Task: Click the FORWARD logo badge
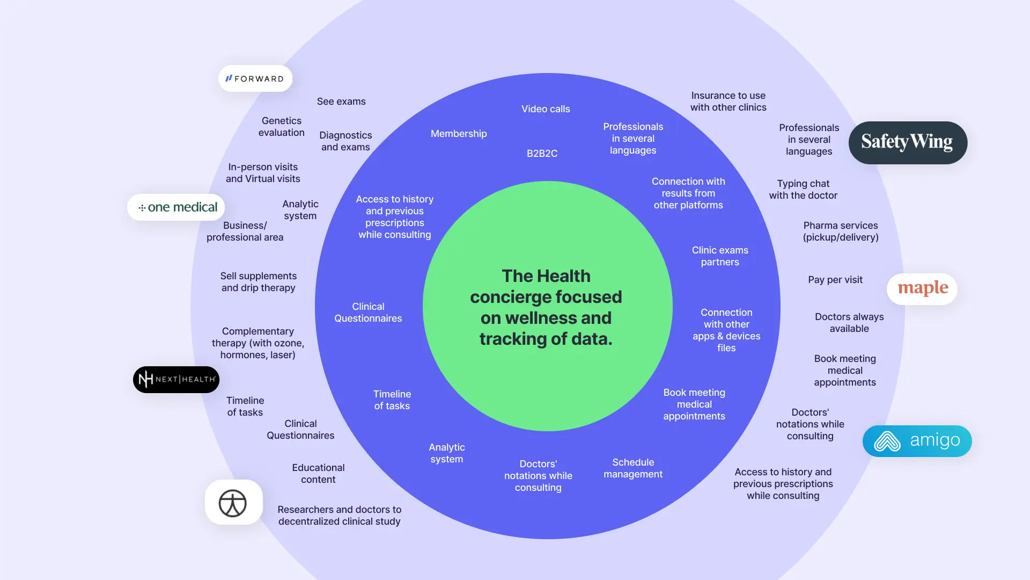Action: (x=255, y=78)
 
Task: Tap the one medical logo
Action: (x=176, y=207)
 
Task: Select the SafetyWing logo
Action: (x=908, y=142)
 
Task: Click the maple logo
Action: (x=922, y=289)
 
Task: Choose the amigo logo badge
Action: (x=917, y=441)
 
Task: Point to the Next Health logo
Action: (x=176, y=380)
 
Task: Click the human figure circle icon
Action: (x=233, y=503)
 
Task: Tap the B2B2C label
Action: (x=542, y=154)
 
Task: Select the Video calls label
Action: (x=546, y=109)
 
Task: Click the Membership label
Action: (x=459, y=134)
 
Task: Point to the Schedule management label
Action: (x=633, y=468)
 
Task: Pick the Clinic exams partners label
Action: (x=720, y=256)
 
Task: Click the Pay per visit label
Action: (x=835, y=280)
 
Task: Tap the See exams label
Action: (x=341, y=102)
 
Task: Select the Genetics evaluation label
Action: (x=282, y=127)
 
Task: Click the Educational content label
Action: (x=318, y=474)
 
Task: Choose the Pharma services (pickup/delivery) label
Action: (x=841, y=231)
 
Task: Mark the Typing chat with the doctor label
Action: (x=803, y=190)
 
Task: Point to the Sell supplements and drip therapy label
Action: (x=259, y=282)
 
